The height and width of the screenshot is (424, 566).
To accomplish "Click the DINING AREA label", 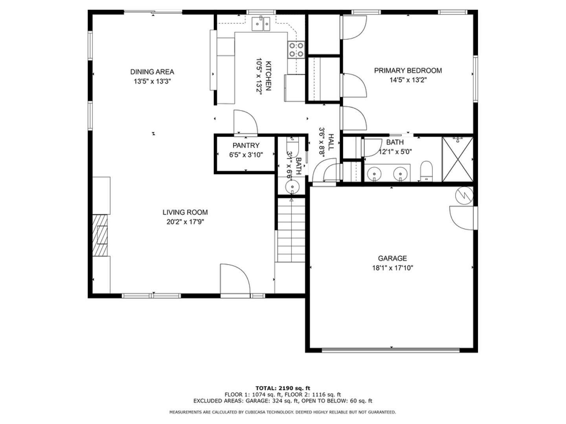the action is click(x=152, y=72).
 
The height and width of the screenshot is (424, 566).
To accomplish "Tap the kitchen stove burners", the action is click(x=296, y=50).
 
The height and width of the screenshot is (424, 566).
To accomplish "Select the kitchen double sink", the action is click(x=261, y=24).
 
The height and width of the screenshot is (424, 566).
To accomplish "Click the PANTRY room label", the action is click(x=246, y=145).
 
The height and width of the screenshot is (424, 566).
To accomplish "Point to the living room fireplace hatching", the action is click(x=100, y=235).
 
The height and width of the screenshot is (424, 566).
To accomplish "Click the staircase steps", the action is click(x=291, y=230).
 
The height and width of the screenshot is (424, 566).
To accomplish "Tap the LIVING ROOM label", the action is click(x=185, y=212).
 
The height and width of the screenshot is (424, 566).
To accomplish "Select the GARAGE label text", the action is click(x=392, y=258).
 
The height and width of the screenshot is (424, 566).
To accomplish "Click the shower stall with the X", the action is click(x=458, y=159).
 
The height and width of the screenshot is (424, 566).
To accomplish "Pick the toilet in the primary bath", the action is click(x=426, y=171).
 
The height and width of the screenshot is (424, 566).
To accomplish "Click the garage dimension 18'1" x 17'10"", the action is click(x=392, y=268).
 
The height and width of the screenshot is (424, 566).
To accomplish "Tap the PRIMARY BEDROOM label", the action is click(x=408, y=71).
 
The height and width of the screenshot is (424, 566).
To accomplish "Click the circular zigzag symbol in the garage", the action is click(x=464, y=196).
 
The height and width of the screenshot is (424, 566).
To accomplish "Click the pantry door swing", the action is click(x=246, y=122).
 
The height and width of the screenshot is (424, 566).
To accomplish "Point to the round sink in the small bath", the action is click(x=292, y=186).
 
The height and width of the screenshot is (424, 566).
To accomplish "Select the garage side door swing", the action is click(x=463, y=218).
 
